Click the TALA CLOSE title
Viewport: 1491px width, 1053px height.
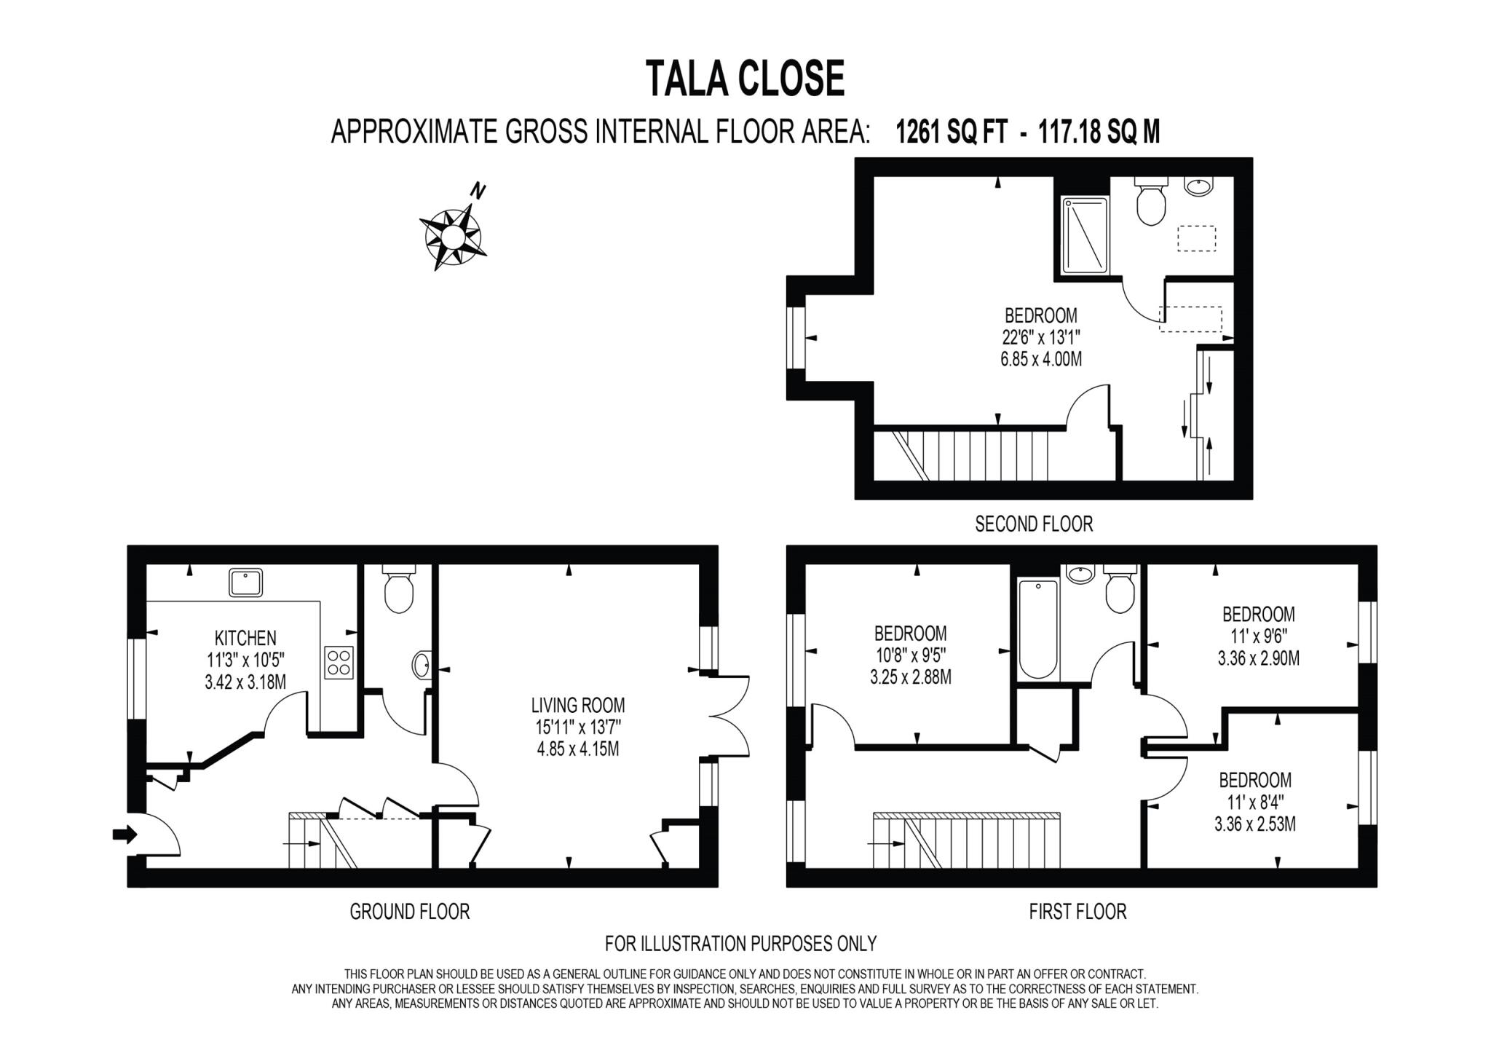point(745,79)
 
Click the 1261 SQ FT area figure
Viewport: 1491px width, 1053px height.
point(952,133)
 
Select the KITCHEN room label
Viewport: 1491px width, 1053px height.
point(245,639)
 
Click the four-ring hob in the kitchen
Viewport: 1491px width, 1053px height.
point(339,663)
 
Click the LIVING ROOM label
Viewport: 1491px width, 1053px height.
point(578,705)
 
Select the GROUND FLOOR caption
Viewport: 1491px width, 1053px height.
point(409,911)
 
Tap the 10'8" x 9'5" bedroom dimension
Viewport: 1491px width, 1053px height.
point(910,655)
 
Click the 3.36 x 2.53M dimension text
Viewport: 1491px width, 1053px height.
point(1255,824)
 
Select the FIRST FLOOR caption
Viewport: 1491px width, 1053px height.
point(1077,911)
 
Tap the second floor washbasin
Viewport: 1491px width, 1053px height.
point(1198,186)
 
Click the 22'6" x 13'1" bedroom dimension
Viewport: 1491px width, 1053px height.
point(1041,337)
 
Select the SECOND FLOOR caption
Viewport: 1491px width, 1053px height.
point(1034,524)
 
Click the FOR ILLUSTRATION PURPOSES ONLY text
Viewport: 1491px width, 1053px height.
point(740,944)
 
